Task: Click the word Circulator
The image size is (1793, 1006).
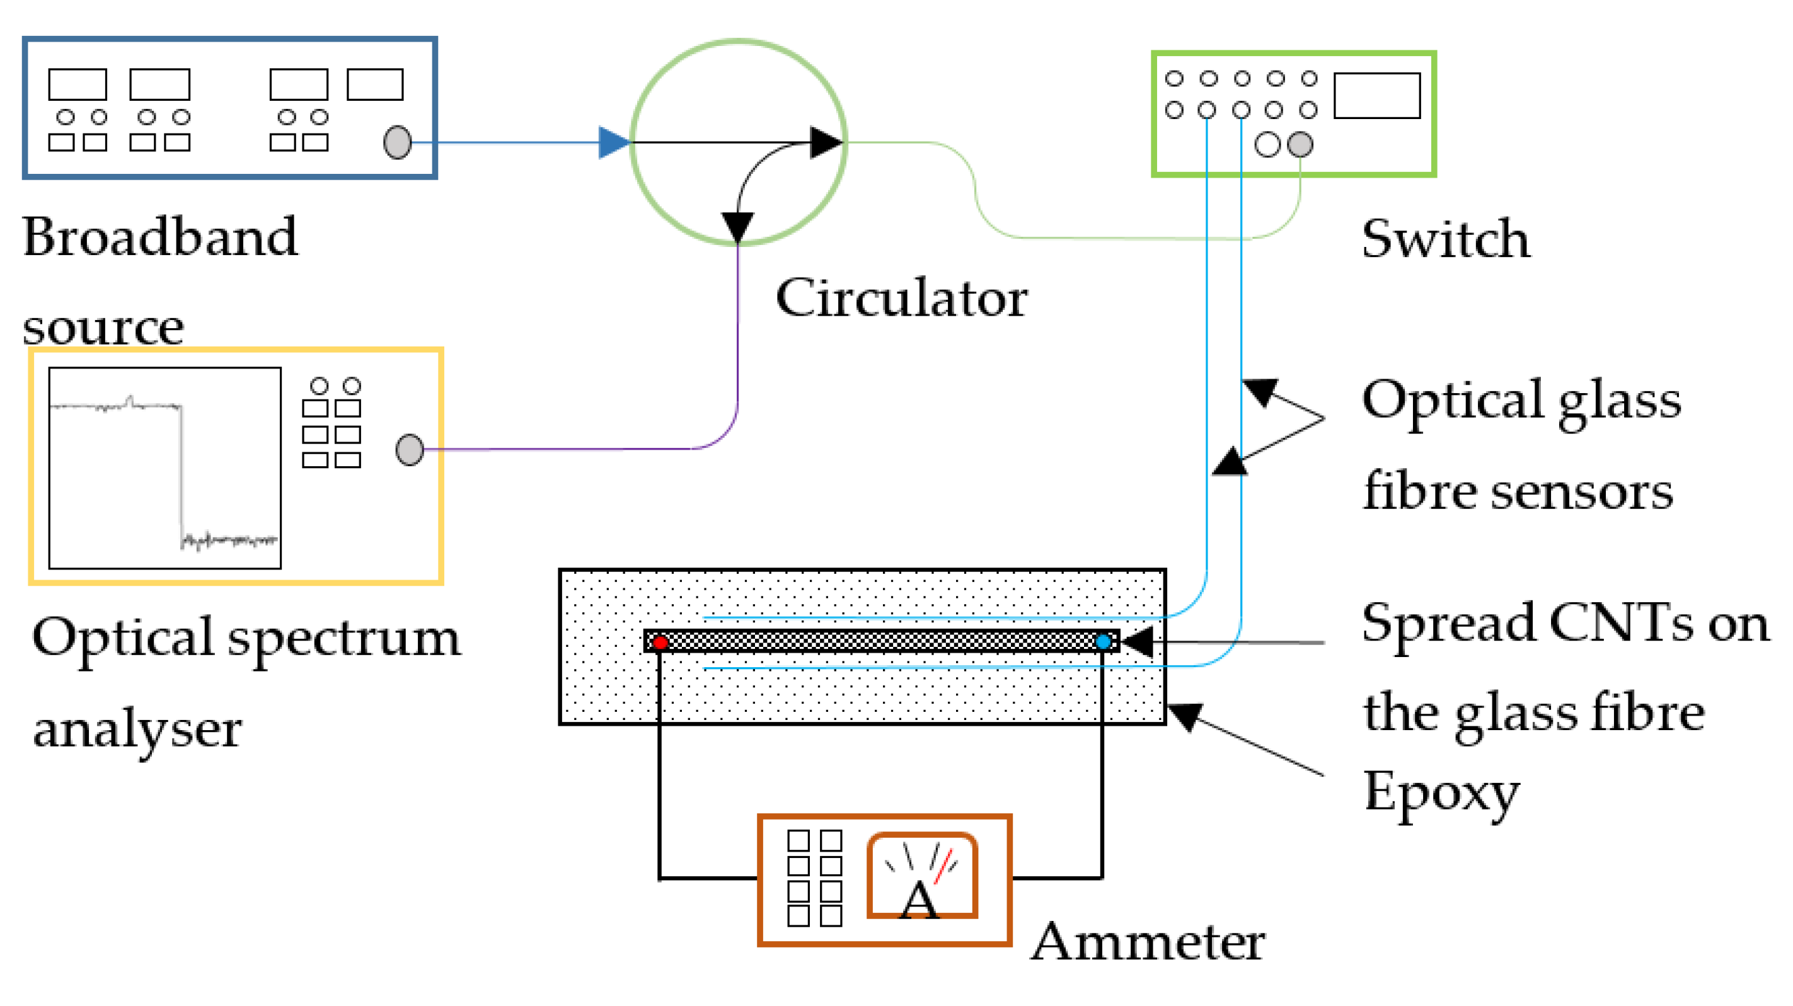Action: [901, 297]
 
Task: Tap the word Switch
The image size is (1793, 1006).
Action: [1446, 238]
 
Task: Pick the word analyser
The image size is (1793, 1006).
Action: [137, 731]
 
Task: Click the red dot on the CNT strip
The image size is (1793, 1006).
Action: [660, 642]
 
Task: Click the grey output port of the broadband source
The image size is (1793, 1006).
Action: [398, 142]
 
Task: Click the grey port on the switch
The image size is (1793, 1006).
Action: [1300, 144]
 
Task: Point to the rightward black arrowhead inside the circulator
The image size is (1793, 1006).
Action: [827, 142]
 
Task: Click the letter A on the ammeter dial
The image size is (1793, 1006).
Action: [920, 900]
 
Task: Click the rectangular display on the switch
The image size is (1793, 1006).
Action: [1377, 96]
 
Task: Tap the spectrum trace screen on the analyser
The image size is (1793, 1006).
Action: [165, 468]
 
